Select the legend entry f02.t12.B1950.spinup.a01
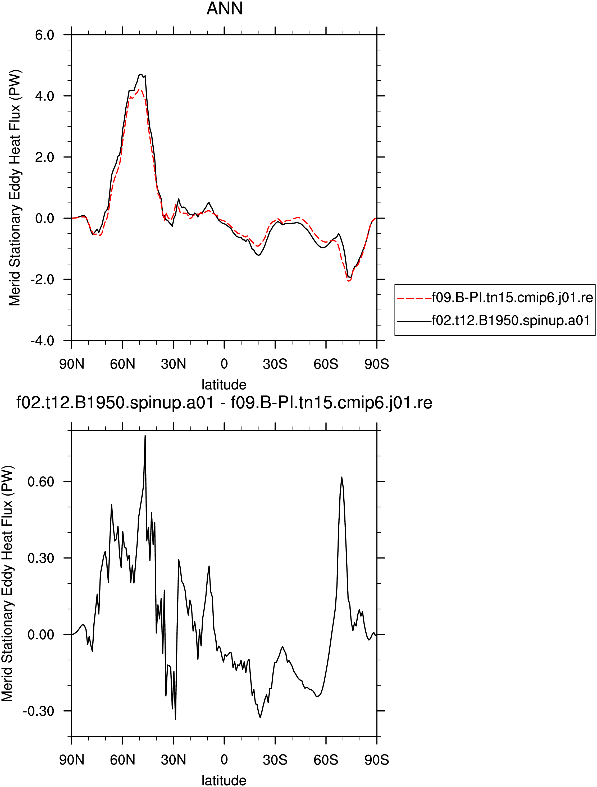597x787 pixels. coord(511,321)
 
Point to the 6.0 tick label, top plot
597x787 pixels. coord(44,35)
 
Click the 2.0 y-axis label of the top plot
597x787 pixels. coord(44,157)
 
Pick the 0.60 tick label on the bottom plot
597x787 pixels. coord(41,482)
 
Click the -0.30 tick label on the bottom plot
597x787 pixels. coord(38,711)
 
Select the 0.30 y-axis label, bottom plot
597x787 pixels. coord(41,558)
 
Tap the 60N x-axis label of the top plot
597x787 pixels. coord(122,364)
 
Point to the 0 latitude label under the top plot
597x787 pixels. coord(224,364)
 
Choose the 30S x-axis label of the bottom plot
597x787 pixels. coord(275,760)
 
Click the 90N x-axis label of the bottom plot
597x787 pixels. coord(72,760)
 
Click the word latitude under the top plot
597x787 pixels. coord(224,385)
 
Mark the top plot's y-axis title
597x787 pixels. coord(15,187)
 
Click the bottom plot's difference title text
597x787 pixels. coord(224,403)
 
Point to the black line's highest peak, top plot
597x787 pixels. coord(141,74)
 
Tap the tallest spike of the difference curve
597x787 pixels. coord(145,436)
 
